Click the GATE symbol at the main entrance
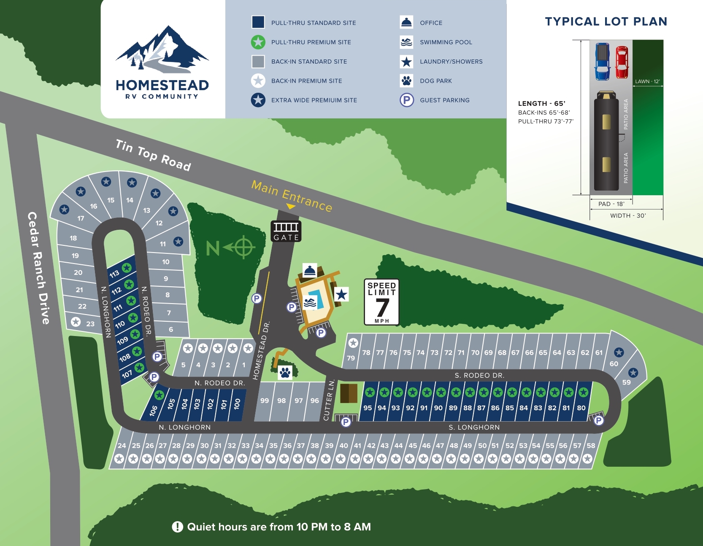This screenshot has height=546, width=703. tap(286, 231)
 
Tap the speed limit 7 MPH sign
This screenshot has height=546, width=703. tap(381, 302)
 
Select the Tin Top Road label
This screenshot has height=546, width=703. tap(153, 155)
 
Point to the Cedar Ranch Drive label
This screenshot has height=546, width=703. tap(38, 268)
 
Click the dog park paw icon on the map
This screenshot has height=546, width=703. tap(285, 373)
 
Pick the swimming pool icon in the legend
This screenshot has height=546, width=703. tap(406, 42)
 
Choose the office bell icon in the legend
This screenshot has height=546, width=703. tap(406, 22)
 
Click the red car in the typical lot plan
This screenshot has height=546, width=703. tap(622, 62)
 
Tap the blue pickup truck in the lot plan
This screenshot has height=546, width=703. tap(602, 62)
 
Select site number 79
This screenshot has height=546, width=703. tap(351, 358)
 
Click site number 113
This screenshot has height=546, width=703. tap(114, 274)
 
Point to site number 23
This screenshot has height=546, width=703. tap(90, 324)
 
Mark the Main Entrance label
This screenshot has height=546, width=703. tap(292, 196)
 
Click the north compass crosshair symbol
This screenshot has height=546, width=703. tap(243, 247)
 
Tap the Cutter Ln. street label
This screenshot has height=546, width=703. tap(329, 400)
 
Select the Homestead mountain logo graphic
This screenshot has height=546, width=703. tap(162, 48)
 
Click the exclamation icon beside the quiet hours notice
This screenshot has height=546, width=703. tap(177, 527)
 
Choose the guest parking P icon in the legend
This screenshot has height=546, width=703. tap(406, 100)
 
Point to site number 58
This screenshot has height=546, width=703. tap(591, 446)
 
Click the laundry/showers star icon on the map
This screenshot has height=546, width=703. tap(341, 294)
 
